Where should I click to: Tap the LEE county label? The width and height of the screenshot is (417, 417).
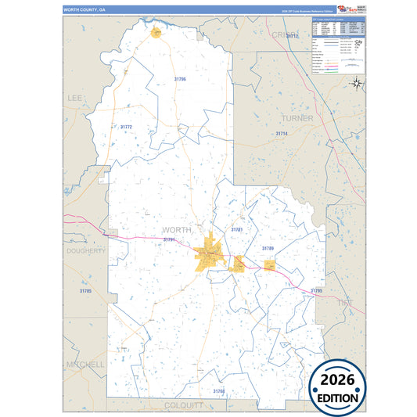pyautogui.click(x=75, y=98)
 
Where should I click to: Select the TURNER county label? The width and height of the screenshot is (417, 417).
pyautogui.click(x=297, y=118)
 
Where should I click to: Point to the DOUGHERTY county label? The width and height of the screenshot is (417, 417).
pyautogui.click(x=85, y=251)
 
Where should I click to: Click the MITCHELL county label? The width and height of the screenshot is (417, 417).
pyautogui.click(x=84, y=365)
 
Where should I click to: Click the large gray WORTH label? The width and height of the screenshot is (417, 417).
pyautogui.click(x=176, y=230)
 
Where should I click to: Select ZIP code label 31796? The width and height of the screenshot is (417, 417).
pyautogui.click(x=180, y=79)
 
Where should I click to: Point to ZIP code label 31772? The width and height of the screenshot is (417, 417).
pyautogui.click(x=126, y=127)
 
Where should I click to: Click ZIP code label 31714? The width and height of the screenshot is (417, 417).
pyautogui.click(x=282, y=134)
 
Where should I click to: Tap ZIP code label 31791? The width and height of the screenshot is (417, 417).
pyautogui.click(x=169, y=240)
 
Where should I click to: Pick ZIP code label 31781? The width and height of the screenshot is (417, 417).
pyautogui.click(x=236, y=229)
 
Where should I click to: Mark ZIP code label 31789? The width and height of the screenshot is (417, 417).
pyautogui.click(x=268, y=248)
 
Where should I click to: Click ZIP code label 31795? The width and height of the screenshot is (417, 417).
pyautogui.click(x=316, y=290)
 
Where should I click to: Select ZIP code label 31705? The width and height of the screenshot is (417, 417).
pyautogui.click(x=85, y=291)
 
